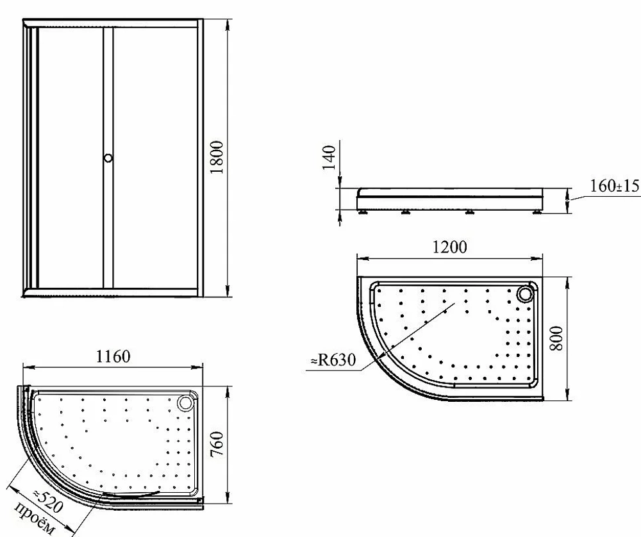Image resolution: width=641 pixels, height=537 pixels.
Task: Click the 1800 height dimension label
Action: pos(217,158)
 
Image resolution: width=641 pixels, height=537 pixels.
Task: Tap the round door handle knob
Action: pos(108,158)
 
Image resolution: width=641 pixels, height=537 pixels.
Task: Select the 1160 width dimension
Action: pos(113,356)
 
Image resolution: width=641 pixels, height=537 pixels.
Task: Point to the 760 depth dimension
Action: pos(217,444)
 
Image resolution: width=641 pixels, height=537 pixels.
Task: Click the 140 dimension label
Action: pos(329,158)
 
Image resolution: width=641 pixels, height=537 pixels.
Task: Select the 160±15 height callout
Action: pos(615,186)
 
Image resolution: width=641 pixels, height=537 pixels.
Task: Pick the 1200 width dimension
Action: pos(449,247)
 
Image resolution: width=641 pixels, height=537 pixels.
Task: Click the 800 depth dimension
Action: pos(556,338)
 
